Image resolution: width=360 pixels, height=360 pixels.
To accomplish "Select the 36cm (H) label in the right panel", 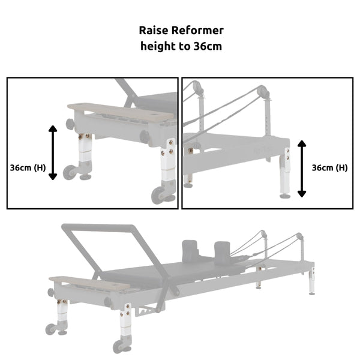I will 329,168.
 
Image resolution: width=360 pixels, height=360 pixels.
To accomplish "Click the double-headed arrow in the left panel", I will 53,152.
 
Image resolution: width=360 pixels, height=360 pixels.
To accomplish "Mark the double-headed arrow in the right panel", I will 302,169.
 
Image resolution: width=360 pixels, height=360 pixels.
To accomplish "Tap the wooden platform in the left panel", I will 118,112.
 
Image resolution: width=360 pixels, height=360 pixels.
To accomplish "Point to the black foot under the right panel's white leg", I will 285,194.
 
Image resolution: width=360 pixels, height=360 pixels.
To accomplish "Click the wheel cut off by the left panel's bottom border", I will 160,196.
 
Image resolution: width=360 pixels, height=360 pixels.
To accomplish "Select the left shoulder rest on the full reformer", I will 191,247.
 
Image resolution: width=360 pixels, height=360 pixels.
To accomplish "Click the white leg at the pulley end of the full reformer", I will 311,282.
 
